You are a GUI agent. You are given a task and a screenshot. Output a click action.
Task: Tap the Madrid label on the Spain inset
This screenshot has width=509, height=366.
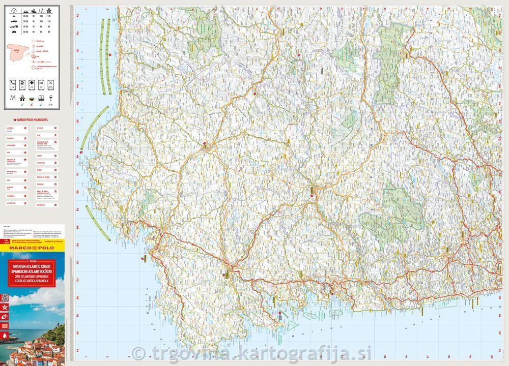16,50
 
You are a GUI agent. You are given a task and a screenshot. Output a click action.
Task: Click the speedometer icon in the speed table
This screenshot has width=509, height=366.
13,11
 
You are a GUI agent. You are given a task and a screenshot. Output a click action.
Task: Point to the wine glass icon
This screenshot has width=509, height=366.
50,97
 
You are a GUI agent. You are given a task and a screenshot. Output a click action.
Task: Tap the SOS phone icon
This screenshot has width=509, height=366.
13,82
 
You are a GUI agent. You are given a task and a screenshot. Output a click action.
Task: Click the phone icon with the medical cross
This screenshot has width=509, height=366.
31,82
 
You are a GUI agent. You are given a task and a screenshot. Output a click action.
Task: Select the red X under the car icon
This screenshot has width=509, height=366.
31,106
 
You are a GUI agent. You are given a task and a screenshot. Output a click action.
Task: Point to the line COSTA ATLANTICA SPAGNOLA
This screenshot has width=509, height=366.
33,280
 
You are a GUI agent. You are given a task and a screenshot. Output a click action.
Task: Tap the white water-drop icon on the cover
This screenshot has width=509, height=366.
5,336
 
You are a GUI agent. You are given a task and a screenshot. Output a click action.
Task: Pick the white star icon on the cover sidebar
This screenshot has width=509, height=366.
5,308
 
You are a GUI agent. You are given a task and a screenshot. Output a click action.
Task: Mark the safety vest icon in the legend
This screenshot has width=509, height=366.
31,97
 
